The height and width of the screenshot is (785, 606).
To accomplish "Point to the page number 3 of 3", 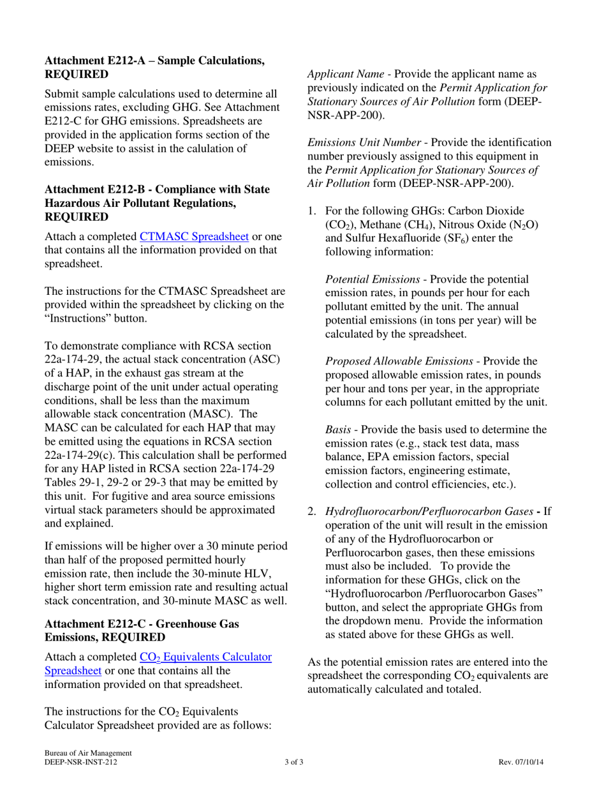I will (x=294, y=763).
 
